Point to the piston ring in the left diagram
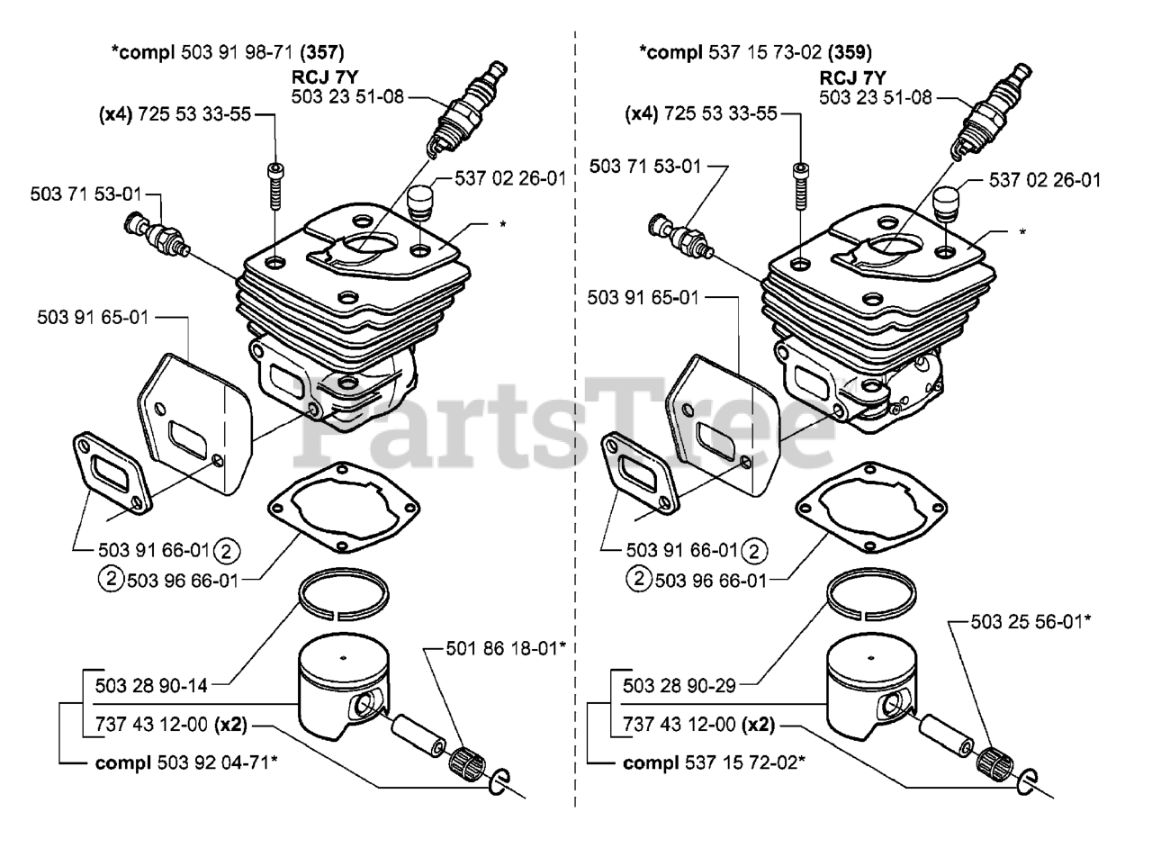[344, 595]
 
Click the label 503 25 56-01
[1031, 621]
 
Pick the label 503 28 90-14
[151, 685]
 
